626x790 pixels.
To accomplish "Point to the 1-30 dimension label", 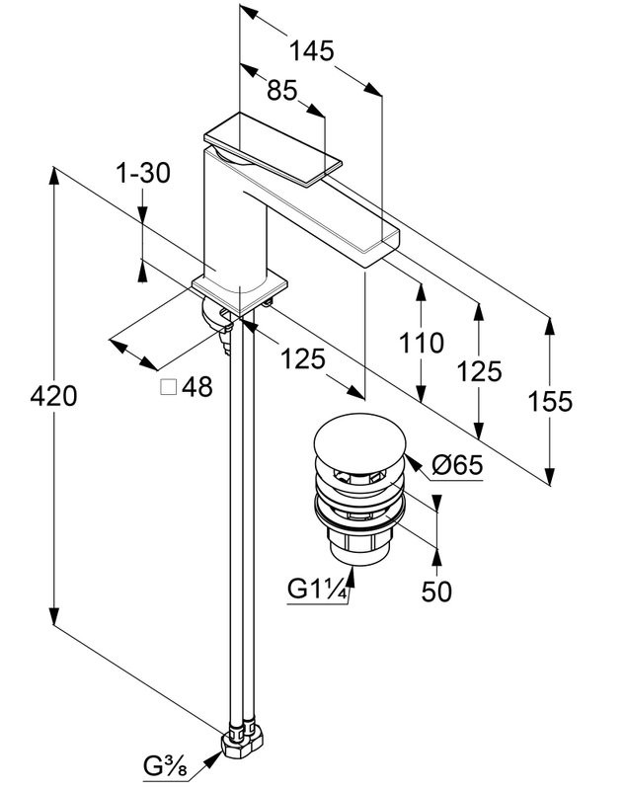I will tap(143, 174).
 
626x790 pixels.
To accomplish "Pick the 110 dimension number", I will tap(422, 344).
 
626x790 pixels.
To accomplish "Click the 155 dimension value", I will tap(550, 401).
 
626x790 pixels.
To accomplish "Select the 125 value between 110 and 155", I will tap(480, 371).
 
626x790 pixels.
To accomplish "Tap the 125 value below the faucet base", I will tap(301, 359).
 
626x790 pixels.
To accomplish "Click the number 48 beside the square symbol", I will tap(197, 387).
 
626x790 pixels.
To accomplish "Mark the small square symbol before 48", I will tap(168, 386).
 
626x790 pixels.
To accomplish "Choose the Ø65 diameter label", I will tap(457, 464).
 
